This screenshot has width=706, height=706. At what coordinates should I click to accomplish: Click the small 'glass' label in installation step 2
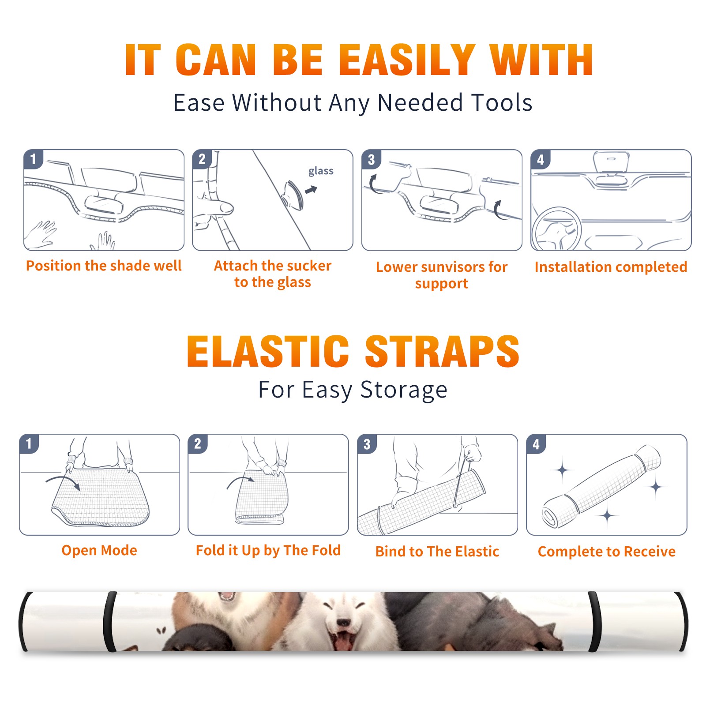point(321,171)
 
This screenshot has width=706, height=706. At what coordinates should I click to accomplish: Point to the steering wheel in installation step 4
point(556,229)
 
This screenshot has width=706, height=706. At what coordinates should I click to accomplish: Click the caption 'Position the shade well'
point(104,266)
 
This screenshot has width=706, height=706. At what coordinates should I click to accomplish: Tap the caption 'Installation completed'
point(611,267)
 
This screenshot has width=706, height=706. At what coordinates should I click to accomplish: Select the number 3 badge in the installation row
point(371,159)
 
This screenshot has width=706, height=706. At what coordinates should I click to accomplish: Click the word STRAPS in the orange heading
point(442,351)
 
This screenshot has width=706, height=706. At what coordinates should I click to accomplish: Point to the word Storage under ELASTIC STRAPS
point(404,390)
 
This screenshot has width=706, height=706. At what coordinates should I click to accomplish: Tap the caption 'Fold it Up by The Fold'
point(268,551)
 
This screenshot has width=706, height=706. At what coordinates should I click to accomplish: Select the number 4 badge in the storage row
point(536,444)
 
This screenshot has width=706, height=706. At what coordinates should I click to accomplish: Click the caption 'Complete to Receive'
point(607,552)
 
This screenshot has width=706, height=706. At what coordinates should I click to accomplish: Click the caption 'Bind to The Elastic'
point(437,552)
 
